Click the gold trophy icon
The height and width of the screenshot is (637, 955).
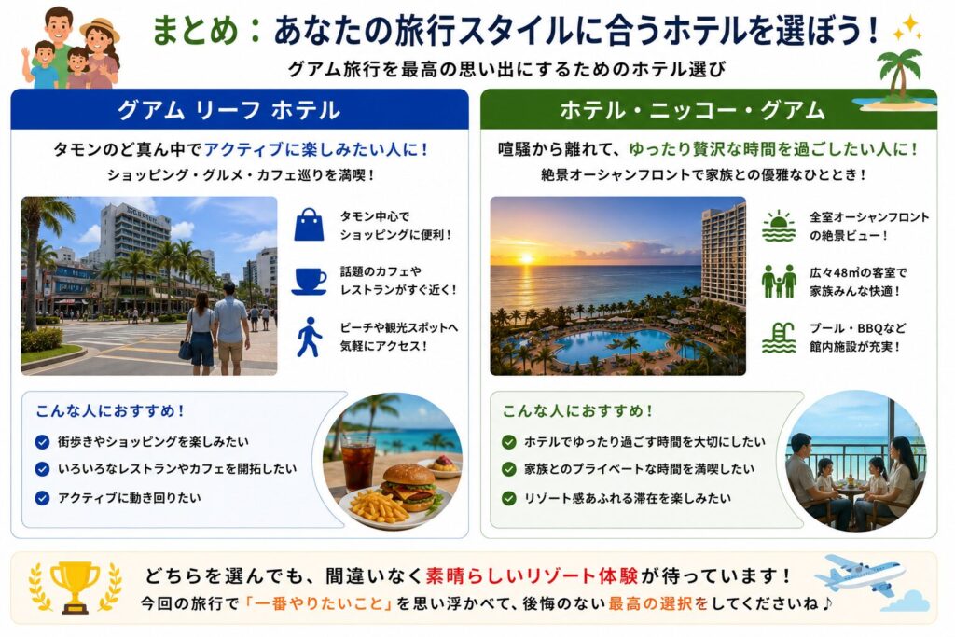[x=75, y=587]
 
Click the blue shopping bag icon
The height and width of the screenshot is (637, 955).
[x=310, y=225]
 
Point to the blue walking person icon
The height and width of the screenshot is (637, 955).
[x=309, y=337]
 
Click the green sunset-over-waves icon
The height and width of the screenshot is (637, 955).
[x=779, y=226]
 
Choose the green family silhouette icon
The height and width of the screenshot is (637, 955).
[x=779, y=281]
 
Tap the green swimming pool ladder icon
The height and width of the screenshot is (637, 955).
[x=779, y=338]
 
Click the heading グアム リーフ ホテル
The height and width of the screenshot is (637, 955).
[x=228, y=110]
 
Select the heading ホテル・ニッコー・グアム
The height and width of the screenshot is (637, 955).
[x=692, y=110]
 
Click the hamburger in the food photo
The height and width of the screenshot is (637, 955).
[x=409, y=487]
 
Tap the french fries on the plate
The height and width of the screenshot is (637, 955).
[x=379, y=506]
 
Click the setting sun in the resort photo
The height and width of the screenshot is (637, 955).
[x=526, y=258]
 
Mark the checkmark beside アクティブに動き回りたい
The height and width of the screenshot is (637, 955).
[x=42, y=498]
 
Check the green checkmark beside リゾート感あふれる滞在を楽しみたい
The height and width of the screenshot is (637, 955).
[x=508, y=498]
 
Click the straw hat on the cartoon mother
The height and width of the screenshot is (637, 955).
[x=99, y=29]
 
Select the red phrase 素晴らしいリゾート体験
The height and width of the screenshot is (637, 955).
[x=532, y=575]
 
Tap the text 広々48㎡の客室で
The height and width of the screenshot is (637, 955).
[x=858, y=273]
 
